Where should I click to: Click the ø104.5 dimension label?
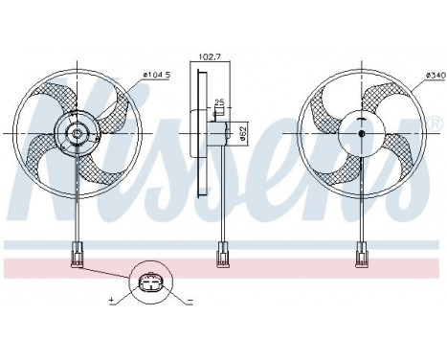click(x=157, y=75)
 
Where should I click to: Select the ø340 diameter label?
click(x=428, y=75)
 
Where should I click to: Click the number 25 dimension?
click(x=219, y=102)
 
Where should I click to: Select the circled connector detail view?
click(x=150, y=285)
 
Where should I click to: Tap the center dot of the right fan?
click(x=362, y=133)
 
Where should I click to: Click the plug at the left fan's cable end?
click(x=76, y=255)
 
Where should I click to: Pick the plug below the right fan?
click(x=362, y=255)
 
